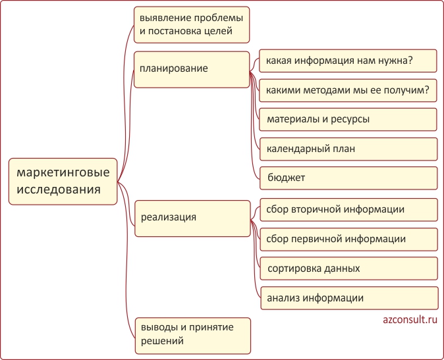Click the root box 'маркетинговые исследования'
(x=63, y=182)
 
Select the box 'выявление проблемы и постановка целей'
(x=192, y=25)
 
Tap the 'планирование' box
(x=192, y=70)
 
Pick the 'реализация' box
(x=192, y=219)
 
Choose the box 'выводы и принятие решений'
(x=193, y=336)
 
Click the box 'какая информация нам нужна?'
(x=348, y=61)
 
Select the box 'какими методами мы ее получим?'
(x=348, y=91)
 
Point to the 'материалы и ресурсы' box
(x=348, y=119)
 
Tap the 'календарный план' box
(x=348, y=149)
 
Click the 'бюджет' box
(x=348, y=178)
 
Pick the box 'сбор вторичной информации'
(x=349, y=210)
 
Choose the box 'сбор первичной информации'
(x=349, y=240)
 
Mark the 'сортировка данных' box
(x=349, y=269)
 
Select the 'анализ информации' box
(x=349, y=298)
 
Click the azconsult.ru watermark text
(x=410, y=320)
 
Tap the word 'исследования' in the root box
(x=59, y=190)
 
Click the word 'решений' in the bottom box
(x=162, y=341)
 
